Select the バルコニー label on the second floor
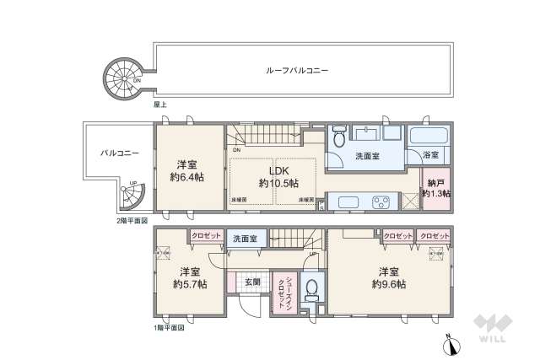click(114, 153)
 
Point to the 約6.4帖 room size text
click(188, 178)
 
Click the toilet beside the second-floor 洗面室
click(337, 135)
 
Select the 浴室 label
click(429, 156)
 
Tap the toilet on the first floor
click(311, 288)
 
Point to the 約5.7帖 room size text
click(189, 285)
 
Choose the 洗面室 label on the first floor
click(251, 239)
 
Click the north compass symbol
click(448, 343)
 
